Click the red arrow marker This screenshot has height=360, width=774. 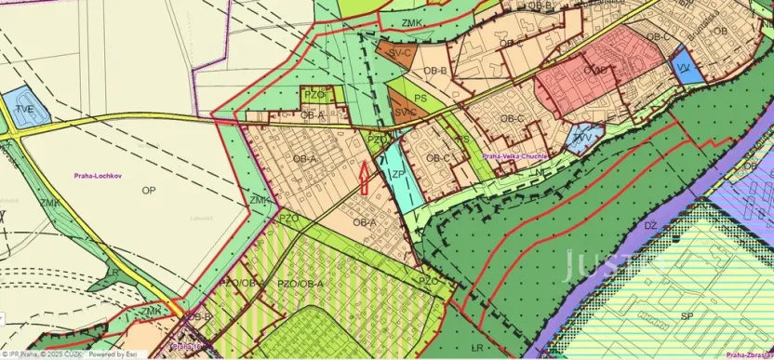click(x=364, y=178)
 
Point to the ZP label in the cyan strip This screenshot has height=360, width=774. click(x=396, y=173)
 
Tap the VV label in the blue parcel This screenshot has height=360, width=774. click(x=682, y=68)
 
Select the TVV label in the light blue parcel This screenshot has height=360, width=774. click(x=582, y=138)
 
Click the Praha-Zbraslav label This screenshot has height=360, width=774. click(x=750, y=354)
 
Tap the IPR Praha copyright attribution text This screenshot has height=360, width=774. click(x=42, y=354)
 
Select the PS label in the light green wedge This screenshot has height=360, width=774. click(x=420, y=96)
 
